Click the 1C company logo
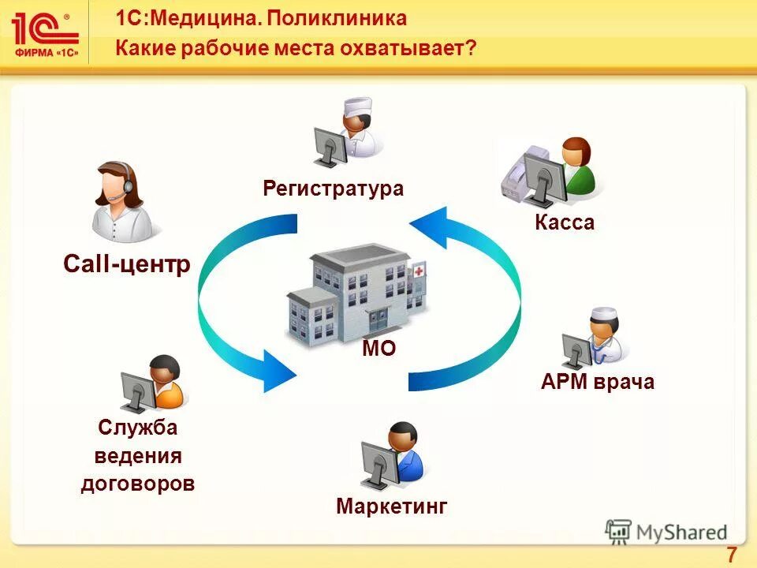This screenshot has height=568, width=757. point(45,34)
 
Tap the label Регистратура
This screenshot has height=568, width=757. point(333,189)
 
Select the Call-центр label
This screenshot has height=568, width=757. point(126,265)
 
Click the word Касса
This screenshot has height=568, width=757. point(564,222)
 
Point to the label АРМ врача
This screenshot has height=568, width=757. point(598,383)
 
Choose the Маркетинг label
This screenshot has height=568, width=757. point(391,506)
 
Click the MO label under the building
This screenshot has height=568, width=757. point(378,349)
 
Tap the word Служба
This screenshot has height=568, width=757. point(138,428)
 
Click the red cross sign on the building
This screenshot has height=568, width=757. point(417,270)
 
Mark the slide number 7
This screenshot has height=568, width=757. point(731,555)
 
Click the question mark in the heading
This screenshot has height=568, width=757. point(471,49)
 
